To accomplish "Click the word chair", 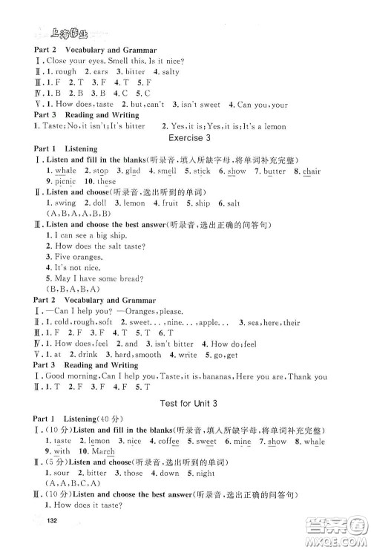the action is coord(311,171).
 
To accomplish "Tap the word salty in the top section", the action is coord(169,72).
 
